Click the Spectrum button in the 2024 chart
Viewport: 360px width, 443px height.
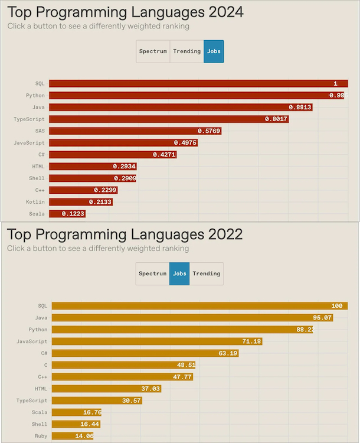153,51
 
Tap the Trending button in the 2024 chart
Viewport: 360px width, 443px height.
186,51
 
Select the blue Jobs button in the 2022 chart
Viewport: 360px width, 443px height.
179,273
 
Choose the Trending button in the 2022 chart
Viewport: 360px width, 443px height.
207,273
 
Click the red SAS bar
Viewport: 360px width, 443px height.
135,131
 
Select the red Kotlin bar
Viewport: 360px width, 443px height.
80,202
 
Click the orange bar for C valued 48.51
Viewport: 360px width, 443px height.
123,365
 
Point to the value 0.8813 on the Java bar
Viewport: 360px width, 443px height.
300,108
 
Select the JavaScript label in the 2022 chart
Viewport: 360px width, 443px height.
32,341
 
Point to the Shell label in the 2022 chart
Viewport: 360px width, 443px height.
40,424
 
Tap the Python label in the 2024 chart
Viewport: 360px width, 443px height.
35,96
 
